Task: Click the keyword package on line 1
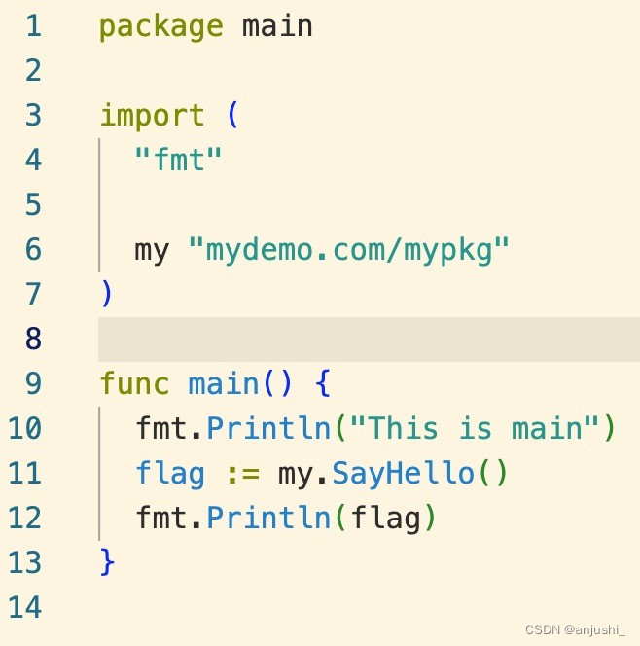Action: (161, 27)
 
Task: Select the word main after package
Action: (277, 26)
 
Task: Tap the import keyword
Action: (153, 115)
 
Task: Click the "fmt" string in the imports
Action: (178, 160)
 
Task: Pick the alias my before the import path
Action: (152, 251)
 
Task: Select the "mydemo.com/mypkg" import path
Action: (348, 250)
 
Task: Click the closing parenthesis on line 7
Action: (106, 293)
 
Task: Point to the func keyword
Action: (134, 383)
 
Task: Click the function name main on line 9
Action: (223, 383)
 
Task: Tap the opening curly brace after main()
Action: (323, 383)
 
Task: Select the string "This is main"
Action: (475, 428)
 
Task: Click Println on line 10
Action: (268, 428)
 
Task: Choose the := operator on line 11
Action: (243, 474)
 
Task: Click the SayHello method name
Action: (403, 473)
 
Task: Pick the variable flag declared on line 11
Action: (170, 474)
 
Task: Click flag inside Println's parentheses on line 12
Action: (385, 518)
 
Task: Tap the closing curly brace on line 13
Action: (107, 561)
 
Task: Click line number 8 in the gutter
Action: (33, 339)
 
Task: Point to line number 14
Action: (24, 607)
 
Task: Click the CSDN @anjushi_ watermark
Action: (576, 629)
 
